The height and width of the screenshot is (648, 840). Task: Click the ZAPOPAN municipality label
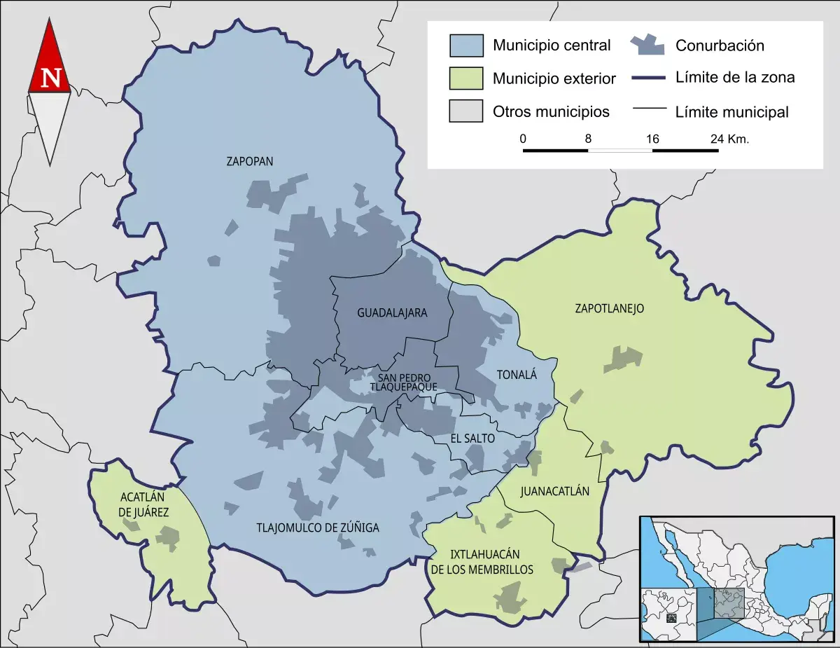click(x=249, y=161)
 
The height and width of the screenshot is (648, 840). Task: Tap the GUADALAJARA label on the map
click(x=392, y=312)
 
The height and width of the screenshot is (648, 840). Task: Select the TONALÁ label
click(x=517, y=375)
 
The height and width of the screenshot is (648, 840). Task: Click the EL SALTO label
click(x=472, y=439)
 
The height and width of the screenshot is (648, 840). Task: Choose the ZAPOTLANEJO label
click(x=609, y=308)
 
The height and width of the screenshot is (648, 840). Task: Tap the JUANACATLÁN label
click(x=555, y=491)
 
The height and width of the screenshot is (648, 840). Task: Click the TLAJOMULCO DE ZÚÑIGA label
click(x=318, y=528)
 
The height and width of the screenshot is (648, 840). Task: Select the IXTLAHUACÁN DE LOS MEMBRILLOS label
click(x=482, y=561)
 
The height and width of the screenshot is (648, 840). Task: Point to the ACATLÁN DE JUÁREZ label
click(x=144, y=504)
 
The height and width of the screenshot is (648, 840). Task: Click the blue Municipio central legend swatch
click(x=466, y=46)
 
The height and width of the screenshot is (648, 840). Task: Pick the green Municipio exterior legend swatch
click(x=466, y=78)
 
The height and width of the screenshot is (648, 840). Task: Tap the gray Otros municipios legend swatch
click(x=466, y=111)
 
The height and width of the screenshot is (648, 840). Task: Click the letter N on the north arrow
click(x=50, y=78)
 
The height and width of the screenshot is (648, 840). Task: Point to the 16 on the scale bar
click(x=652, y=139)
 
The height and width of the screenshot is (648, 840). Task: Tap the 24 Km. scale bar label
click(x=729, y=139)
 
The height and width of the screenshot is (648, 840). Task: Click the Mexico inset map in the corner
click(x=737, y=579)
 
